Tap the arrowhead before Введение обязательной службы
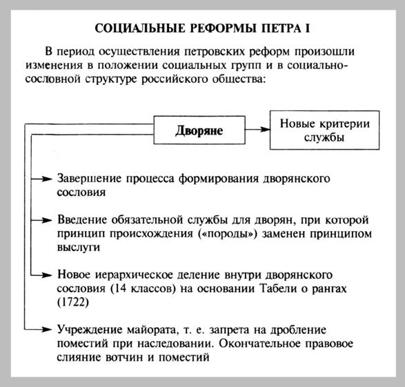tap(48, 219)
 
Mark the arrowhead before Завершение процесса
tap(48, 178)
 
